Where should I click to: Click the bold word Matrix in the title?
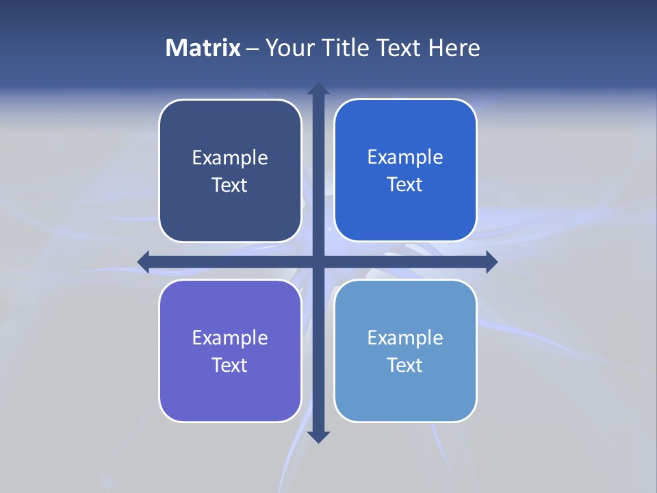coord(203,48)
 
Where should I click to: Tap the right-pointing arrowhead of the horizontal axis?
coord(491,262)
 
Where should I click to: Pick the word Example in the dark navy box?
coord(230,158)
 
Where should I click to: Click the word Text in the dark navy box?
coord(230,186)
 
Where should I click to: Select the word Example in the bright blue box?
coord(405,157)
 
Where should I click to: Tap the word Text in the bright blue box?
coord(405,185)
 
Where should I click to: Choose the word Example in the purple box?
coord(230,338)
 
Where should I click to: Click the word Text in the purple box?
coord(230,366)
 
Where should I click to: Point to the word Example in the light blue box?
coord(405,338)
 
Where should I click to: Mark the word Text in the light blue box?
coord(405,366)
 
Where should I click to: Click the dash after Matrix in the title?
coord(253,49)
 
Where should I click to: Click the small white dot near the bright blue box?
coord(329,228)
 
